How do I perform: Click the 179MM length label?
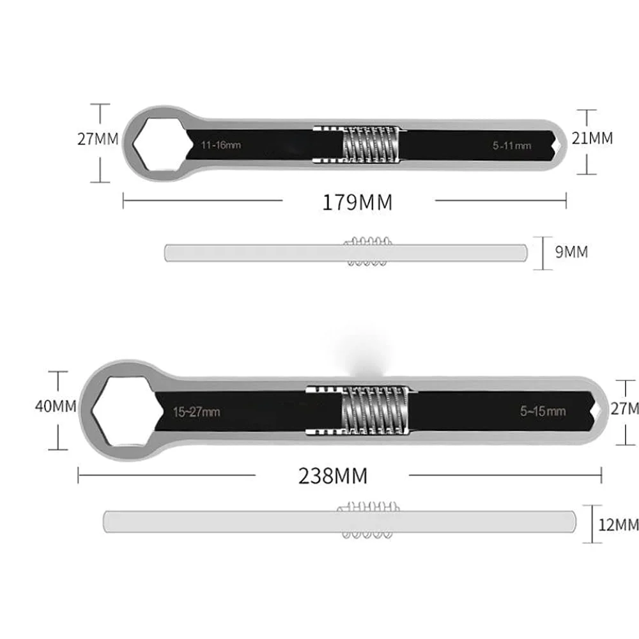click(x=357, y=202)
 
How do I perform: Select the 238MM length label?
click(x=333, y=475)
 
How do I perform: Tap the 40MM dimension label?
click(x=56, y=406)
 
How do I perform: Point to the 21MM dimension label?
click(x=592, y=139)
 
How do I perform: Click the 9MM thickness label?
click(x=571, y=252)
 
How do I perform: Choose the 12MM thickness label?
click(x=618, y=525)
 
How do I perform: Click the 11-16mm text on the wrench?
click(x=221, y=145)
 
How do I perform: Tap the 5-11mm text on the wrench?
click(x=512, y=146)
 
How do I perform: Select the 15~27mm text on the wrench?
click(x=196, y=412)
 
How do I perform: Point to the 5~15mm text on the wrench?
click(x=543, y=411)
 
